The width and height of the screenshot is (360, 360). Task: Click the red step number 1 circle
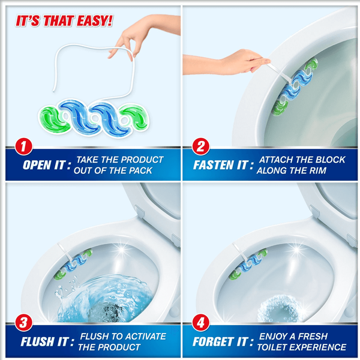click(23, 146)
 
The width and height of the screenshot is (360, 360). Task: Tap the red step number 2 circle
click(201, 146)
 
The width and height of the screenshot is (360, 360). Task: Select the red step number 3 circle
click(23, 323)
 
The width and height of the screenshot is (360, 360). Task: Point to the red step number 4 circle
click(201, 323)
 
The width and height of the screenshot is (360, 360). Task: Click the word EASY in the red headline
click(95, 21)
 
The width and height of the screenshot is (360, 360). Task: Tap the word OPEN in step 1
click(37, 165)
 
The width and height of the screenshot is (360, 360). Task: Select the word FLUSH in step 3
click(38, 341)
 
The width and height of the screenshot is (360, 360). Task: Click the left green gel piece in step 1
click(54, 120)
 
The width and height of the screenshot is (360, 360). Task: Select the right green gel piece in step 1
click(136, 116)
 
